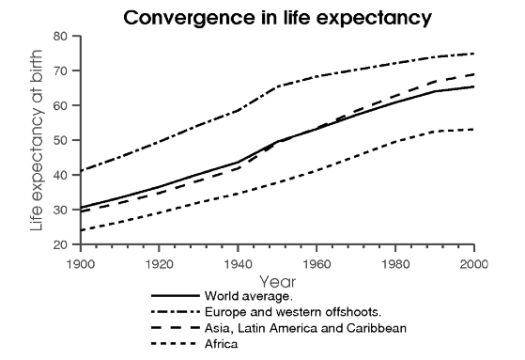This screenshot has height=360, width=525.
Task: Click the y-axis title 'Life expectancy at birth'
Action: pos(37,141)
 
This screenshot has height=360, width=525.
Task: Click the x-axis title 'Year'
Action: pos(277,280)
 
